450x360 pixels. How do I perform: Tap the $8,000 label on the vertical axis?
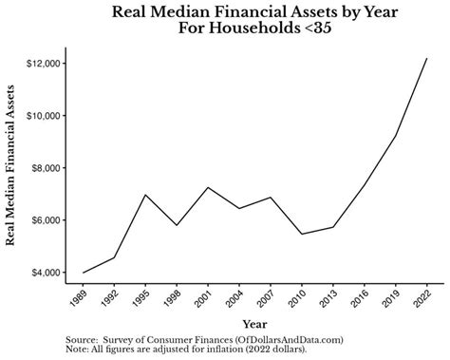46,168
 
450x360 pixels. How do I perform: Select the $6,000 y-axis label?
46,220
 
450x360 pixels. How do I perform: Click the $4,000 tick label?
46,273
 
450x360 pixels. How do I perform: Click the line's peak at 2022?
426,59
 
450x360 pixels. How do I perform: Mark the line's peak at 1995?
144,195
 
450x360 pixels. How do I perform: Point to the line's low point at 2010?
301,234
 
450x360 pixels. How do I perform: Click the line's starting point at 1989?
83,273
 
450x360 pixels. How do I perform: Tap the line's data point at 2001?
207,187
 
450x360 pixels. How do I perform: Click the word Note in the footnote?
78,348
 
